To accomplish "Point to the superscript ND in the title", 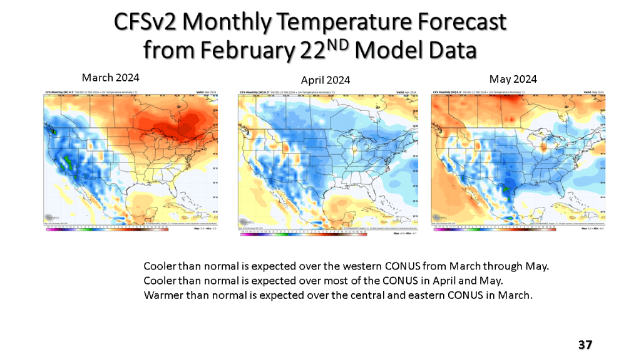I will (337, 44).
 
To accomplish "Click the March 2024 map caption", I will (110, 78).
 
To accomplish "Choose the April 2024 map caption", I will (325, 80).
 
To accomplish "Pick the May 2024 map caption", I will (513, 79).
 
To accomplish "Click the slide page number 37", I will (585, 345).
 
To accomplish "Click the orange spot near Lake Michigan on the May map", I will (543, 148).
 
